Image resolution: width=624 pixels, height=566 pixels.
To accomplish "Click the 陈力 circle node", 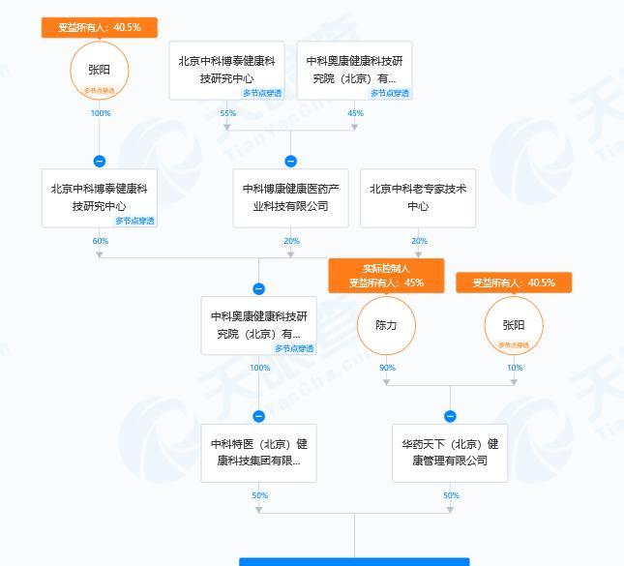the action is click(x=386, y=326).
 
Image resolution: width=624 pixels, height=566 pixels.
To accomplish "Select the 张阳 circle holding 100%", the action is click(x=99, y=70).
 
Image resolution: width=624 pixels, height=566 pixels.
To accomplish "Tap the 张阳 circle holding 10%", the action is click(x=514, y=326).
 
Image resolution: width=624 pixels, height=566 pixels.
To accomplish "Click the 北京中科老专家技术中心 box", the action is click(x=418, y=197).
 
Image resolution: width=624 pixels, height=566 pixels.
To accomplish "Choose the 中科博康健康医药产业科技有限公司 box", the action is click(x=290, y=197).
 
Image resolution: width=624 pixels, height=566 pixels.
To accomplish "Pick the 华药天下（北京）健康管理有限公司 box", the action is click(x=450, y=452).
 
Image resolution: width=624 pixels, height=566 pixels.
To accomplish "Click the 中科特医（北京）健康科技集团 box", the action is click(x=258, y=452).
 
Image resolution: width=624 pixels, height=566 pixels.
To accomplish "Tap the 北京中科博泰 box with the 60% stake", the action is click(x=99, y=197).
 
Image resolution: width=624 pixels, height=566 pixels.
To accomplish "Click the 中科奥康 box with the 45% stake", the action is click(x=354, y=70).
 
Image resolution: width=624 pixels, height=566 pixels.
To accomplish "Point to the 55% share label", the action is click(x=228, y=113).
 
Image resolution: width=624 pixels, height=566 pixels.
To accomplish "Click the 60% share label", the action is click(x=100, y=241).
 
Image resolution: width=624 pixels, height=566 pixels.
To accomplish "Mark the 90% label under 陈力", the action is click(x=387, y=368).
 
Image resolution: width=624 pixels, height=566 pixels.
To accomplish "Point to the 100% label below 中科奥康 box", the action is click(x=259, y=368).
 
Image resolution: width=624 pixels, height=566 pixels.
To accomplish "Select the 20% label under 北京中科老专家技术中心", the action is click(x=419, y=241).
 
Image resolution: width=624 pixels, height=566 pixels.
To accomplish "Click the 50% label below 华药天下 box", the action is click(x=451, y=495).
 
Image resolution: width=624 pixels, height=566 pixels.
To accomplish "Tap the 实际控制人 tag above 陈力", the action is click(x=386, y=268).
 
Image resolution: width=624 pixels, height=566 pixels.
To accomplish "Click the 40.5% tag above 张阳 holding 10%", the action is click(x=514, y=283).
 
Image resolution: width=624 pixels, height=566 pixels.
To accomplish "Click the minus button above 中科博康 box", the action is click(x=290, y=162).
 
